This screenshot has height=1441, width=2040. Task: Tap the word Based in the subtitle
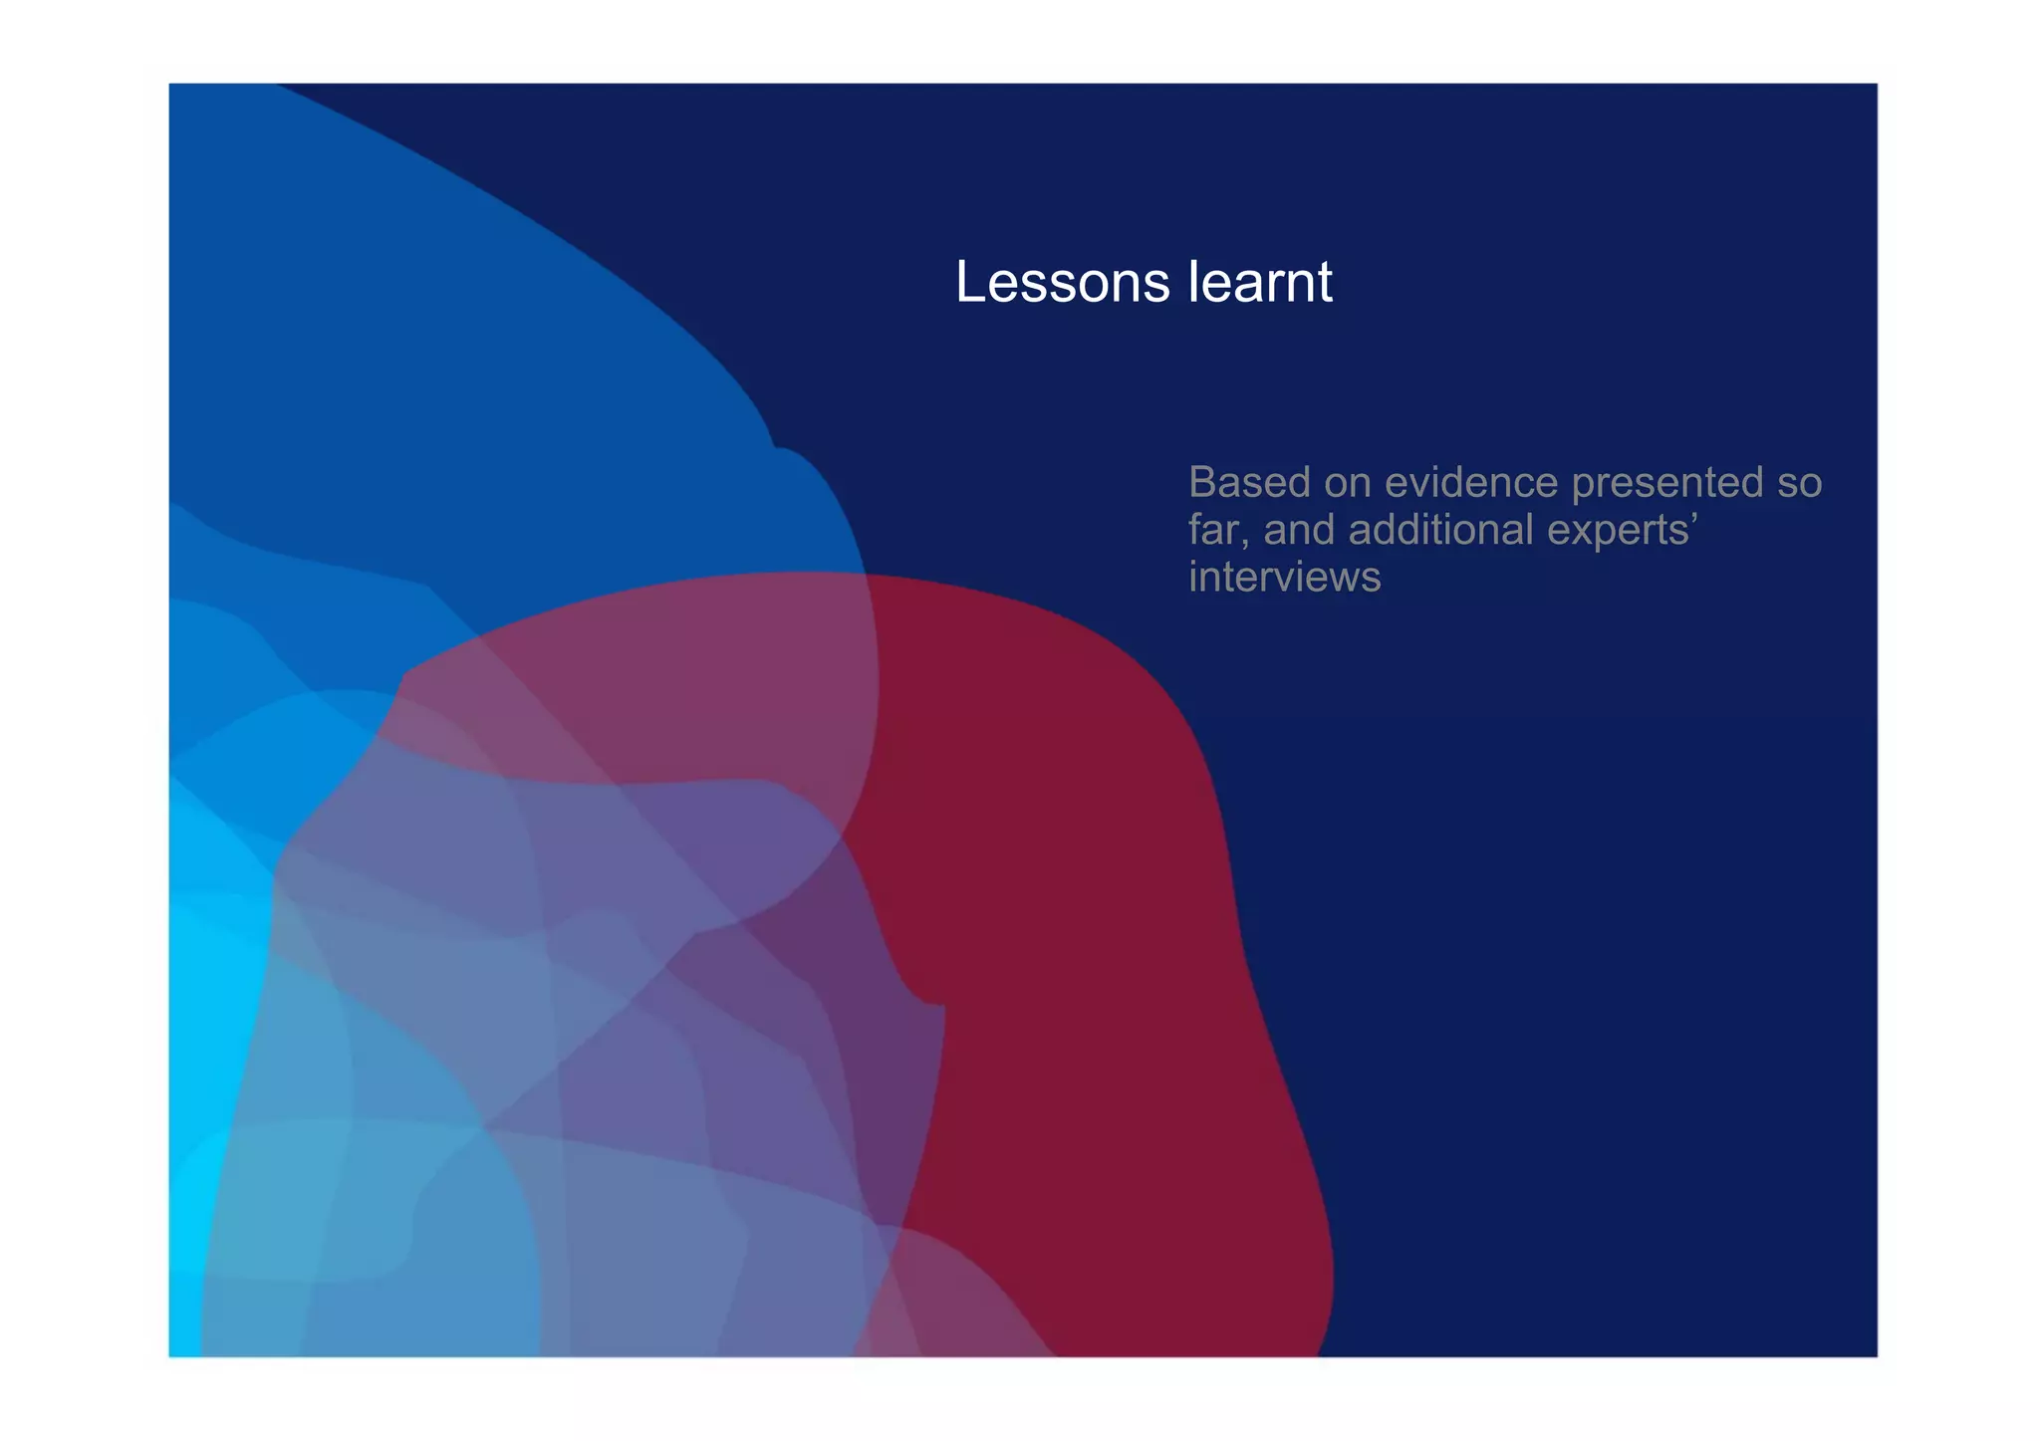pos(1249,483)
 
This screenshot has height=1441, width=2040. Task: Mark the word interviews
pos(1285,578)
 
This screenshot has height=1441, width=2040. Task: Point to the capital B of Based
pos(1203,483)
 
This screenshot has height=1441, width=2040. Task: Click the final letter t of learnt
pos(1325,284)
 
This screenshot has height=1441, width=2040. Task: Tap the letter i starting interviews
pos(1193,577)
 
